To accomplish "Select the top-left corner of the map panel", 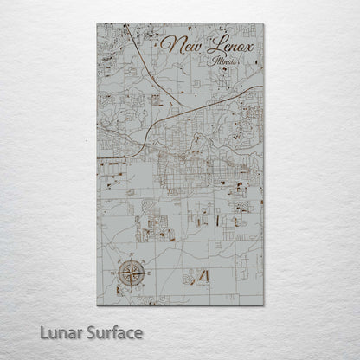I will point(97,24).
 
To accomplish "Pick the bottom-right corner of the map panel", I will point(264,305).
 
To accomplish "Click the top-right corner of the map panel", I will point(264,24).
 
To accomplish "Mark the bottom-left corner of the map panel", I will point(97,305).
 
